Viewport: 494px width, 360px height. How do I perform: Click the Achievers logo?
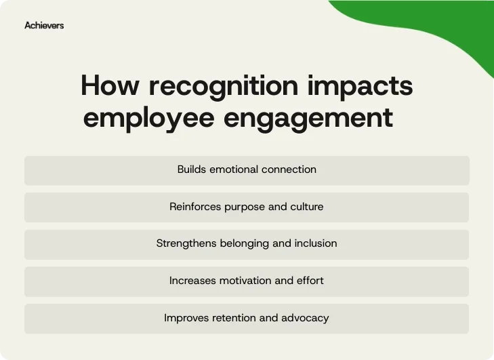coord(44,25)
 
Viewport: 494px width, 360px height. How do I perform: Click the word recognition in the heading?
coord(223,87)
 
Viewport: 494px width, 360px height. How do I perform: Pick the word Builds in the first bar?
coord(191,169)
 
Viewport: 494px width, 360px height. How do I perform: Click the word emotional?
coord(233,169)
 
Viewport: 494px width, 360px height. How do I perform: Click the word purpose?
coord(246,207)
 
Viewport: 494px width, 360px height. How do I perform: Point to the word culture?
coord(307,207)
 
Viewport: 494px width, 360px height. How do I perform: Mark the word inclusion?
coord(316,243)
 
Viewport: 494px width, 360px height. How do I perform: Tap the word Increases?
coord(193,281)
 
